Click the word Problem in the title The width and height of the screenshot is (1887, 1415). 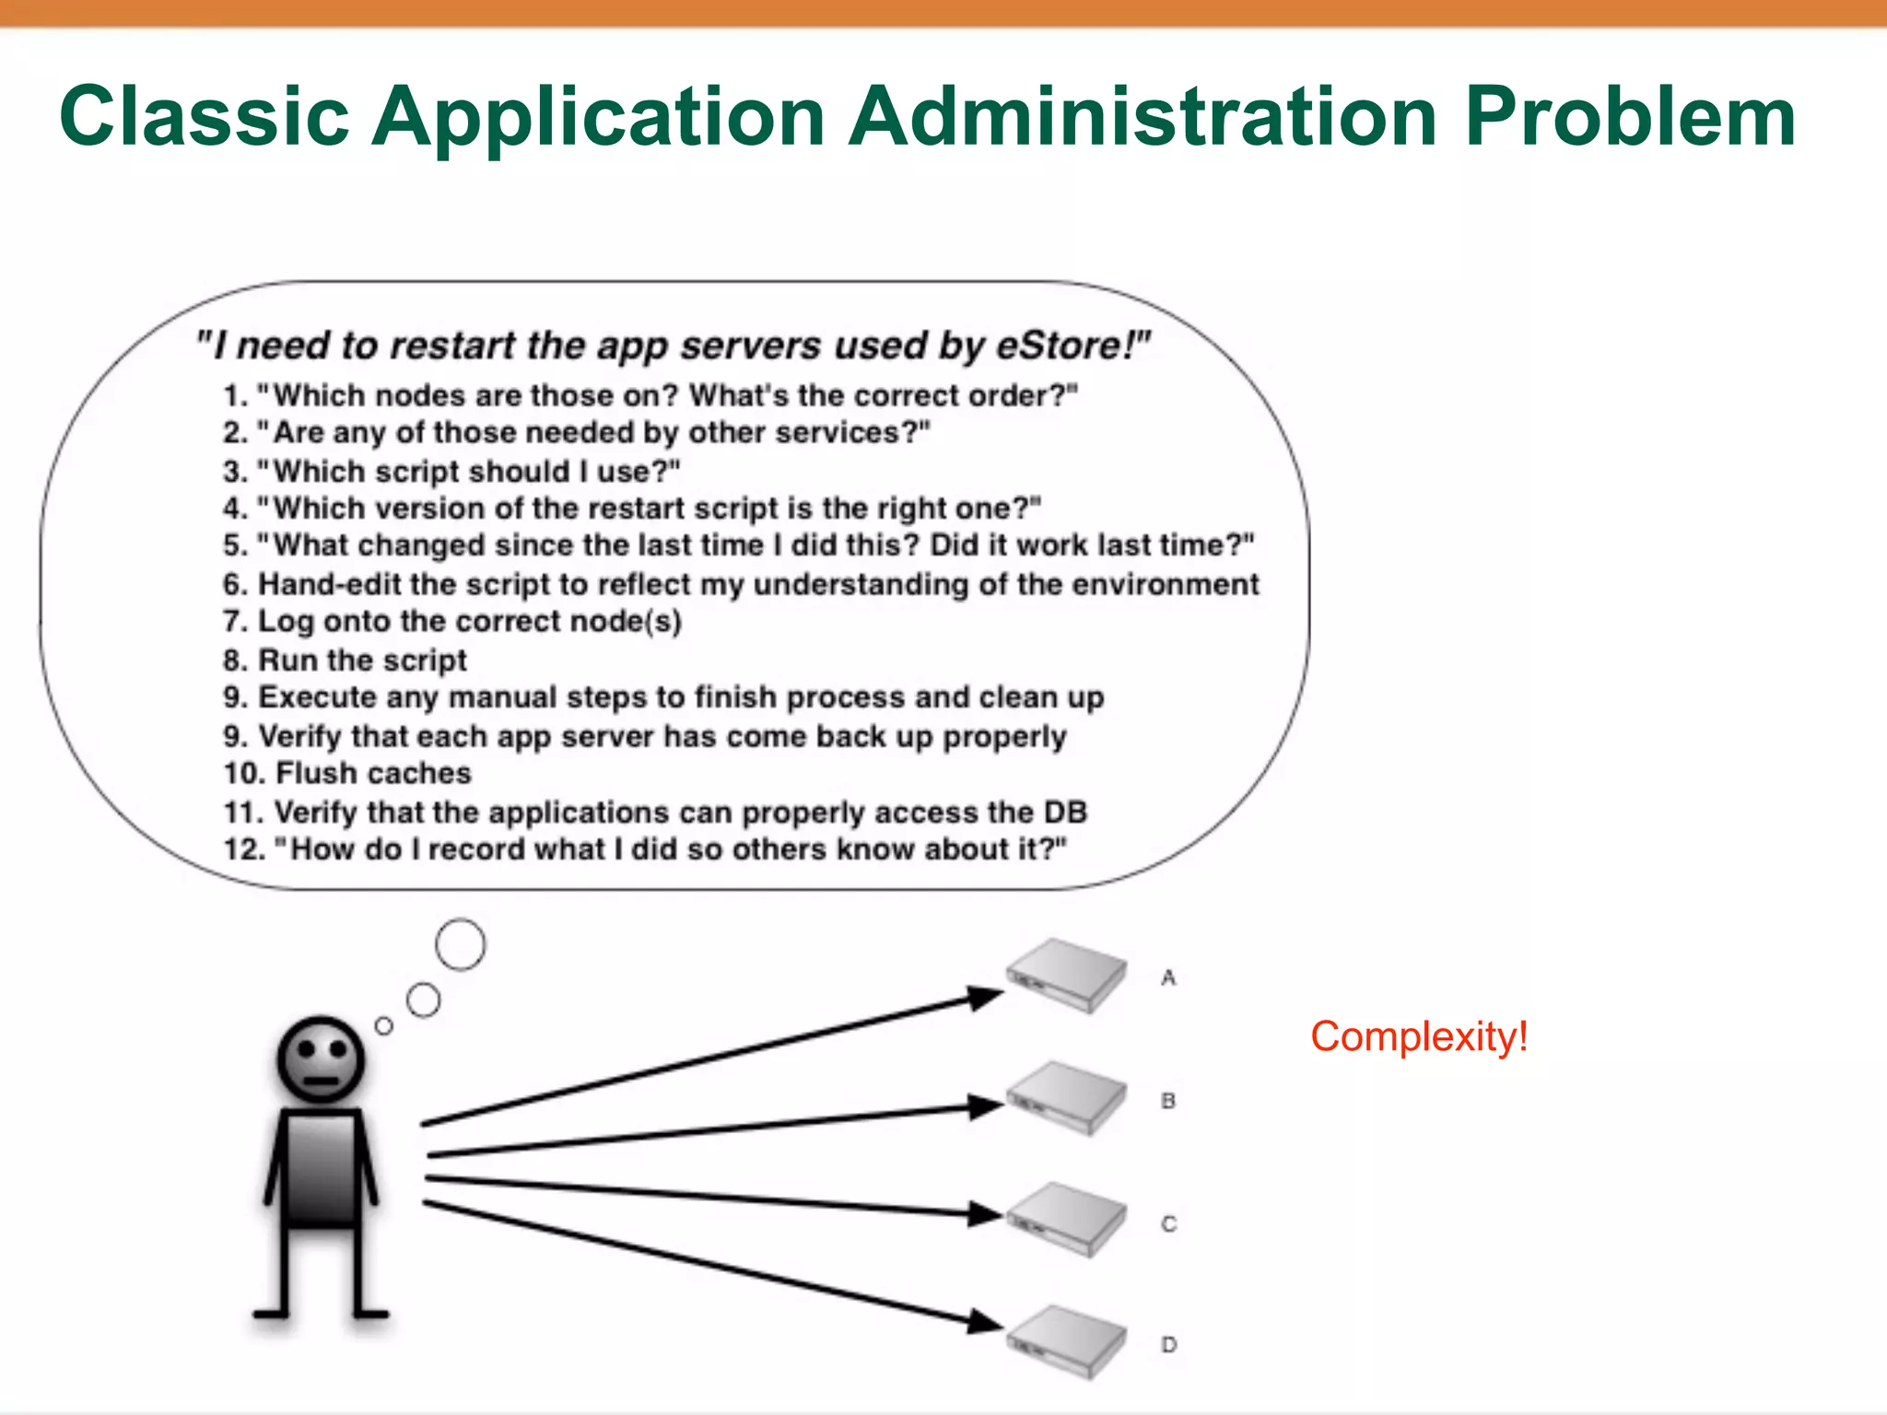[1629, 118]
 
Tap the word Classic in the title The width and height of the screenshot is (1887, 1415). [205, 116]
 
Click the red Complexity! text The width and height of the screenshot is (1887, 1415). [1419, 1037]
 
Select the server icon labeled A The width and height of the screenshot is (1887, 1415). [1066, 976]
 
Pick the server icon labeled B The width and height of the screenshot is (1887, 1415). [1066, 1098]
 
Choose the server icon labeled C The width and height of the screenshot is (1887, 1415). [1066, 1221]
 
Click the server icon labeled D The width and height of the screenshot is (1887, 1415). [1066, 1342]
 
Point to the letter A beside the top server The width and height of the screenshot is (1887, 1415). [1168, 977]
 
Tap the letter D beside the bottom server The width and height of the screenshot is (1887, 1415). [1168, 1345]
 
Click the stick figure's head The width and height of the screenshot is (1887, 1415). [321, 1060]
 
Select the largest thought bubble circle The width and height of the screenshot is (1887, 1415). [460, 944]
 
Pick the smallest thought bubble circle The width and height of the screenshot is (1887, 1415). [384, 1025]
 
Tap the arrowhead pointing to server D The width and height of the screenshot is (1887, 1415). [984, 1323]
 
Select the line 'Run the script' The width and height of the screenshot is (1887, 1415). [346, 661]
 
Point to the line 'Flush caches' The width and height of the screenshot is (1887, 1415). [348, 773]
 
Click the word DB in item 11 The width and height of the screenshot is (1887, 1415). [1065, 813]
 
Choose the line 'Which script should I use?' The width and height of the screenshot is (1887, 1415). [451, 472]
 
